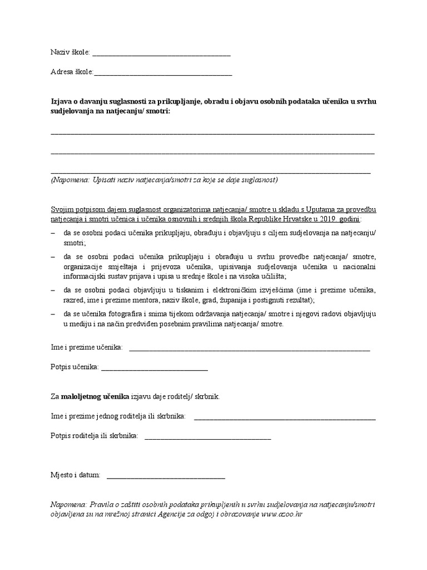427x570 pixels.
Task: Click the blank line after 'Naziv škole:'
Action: tap(161, 54)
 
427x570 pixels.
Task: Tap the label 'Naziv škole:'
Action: tap(70, 53)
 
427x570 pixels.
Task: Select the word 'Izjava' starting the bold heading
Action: tap(61, 102)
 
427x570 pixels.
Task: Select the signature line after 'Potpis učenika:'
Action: tap(155, 368)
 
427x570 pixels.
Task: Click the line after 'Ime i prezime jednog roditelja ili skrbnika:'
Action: tap(285, 417)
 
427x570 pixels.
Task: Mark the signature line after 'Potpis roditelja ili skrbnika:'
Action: tap(208, 438)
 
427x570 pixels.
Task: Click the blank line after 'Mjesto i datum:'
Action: tap(166, 476)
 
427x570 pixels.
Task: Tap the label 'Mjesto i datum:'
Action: tap(75, 475)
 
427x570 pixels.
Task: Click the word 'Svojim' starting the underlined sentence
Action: tap(62, 209)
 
